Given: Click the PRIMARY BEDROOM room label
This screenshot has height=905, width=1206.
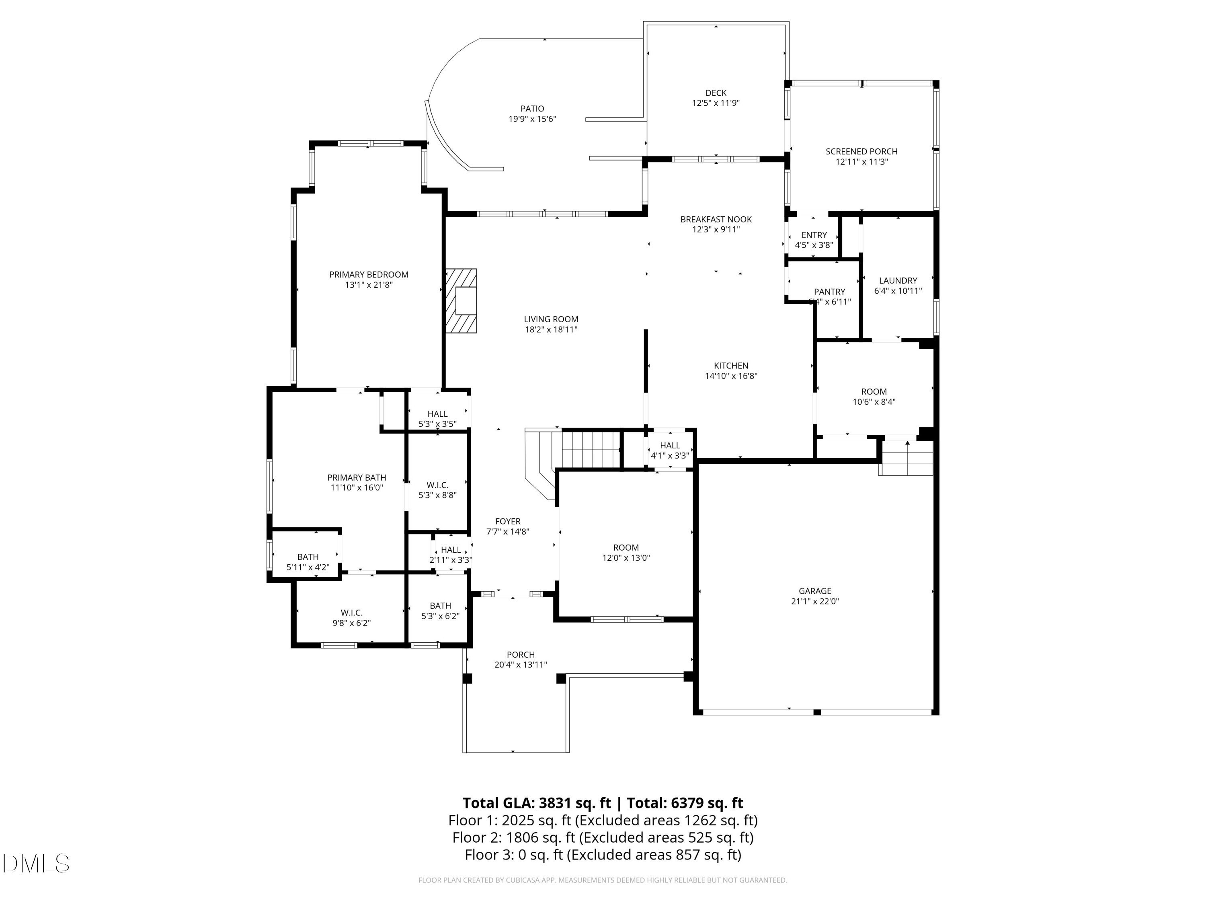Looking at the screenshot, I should click(x=369, y=274).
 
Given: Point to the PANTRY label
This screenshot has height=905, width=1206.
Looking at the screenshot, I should click(x=829, y=292).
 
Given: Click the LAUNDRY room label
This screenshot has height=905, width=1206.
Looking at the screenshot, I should click(x=897, y=280).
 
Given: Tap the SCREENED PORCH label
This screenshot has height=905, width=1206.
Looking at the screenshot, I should click(x=861, y=152).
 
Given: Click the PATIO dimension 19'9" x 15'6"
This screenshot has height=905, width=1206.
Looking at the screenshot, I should click(x=532, y=119).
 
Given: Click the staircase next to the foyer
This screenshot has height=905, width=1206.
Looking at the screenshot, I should click(x=591, y=449).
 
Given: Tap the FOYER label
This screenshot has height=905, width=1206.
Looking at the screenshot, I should click(x=508, y=521).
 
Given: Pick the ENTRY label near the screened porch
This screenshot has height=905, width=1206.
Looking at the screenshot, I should click(x=814, y=235).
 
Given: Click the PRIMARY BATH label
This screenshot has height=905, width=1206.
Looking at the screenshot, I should click(x=357, y=477).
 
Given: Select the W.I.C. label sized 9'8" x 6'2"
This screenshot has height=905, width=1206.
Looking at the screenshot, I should click(x=352, y=613).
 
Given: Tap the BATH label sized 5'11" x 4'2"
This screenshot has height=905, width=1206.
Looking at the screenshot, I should click(x=308, y=557).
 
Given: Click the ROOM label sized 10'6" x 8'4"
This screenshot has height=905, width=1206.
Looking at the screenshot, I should click(x=874, y=392).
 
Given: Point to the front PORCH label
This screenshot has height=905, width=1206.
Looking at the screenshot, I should click(x=520, y=654).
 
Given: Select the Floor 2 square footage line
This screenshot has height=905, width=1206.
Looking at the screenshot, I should click(x=603, y=837).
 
